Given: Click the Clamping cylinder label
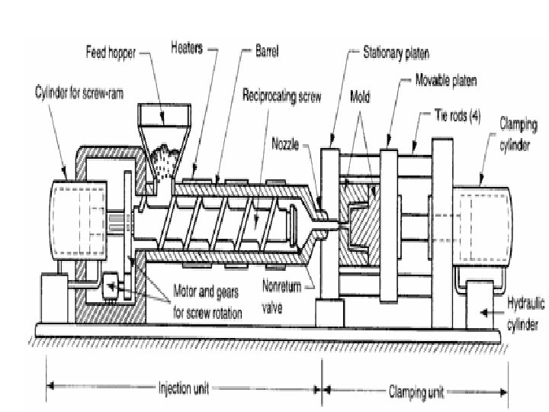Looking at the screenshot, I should click(x=519, y=129).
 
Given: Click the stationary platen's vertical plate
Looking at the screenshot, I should click(x=329, y=221).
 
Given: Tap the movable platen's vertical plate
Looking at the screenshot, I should click(x=389, y=221).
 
